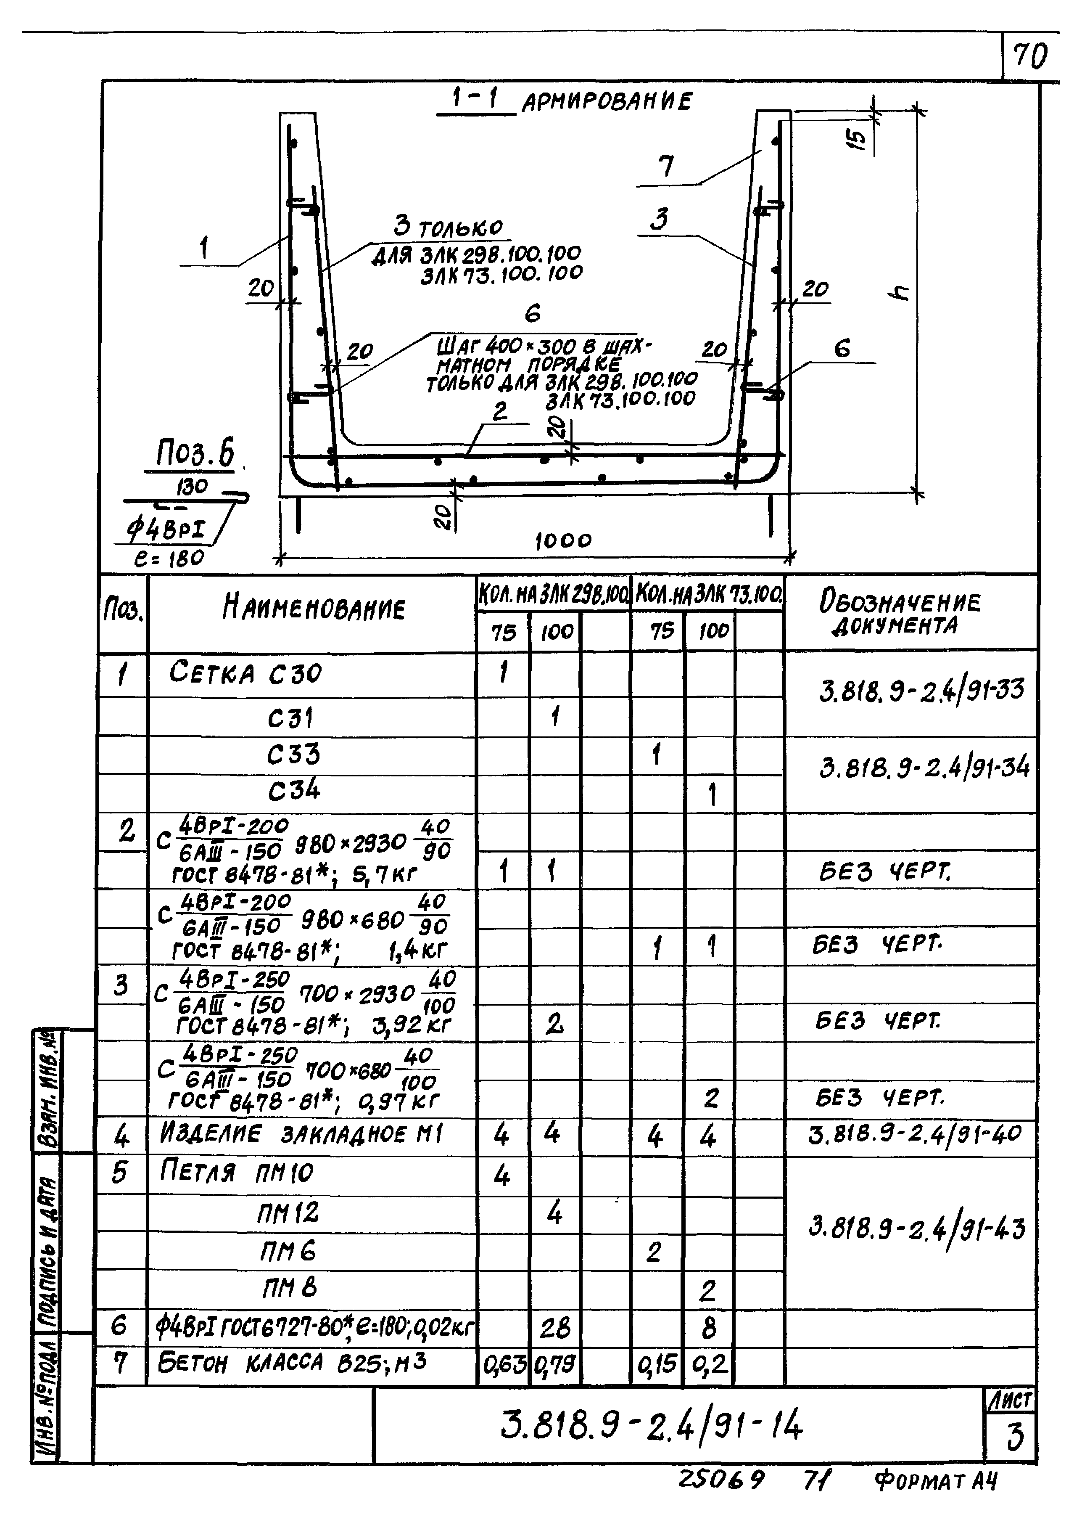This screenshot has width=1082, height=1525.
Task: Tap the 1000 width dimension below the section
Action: point(563,540)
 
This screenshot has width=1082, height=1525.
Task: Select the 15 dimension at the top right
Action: point(860,139)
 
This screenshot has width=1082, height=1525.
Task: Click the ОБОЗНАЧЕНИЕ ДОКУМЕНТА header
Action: point(900,612)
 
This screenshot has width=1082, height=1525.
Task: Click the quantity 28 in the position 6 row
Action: point(554,1328)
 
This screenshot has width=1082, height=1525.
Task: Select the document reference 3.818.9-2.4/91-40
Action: point(913,1134)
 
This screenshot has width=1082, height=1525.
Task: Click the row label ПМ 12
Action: point(288,1213)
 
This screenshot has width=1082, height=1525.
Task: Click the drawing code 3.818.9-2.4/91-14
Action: point(652,1426)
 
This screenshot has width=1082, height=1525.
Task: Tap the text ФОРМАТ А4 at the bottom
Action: point(935,1481)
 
